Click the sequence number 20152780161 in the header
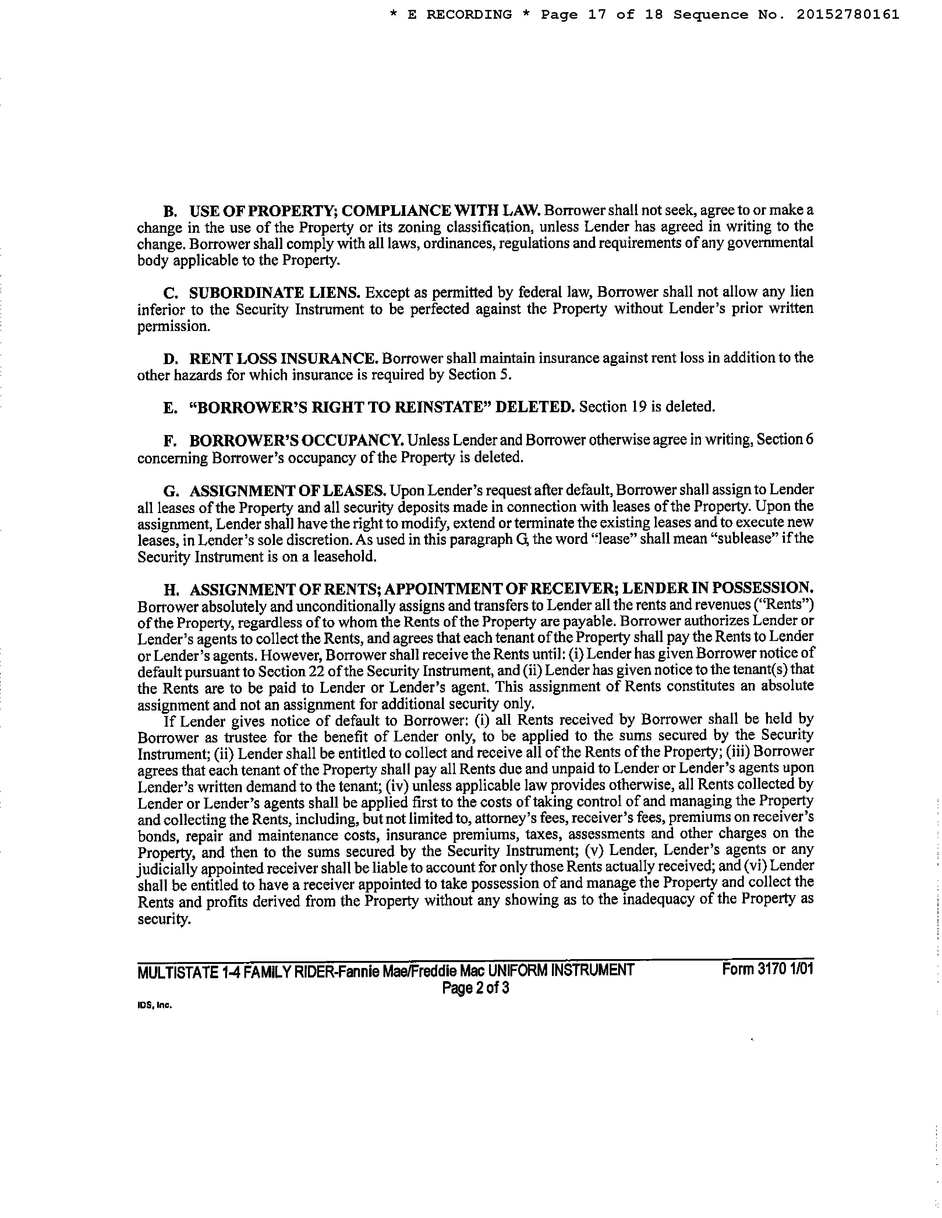tap(847, 14)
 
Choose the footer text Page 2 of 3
tap(475, 988)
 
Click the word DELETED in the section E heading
tap(535, 407)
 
